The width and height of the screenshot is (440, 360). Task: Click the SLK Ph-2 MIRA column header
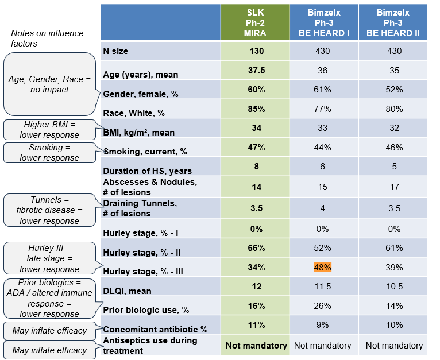pos(255,23)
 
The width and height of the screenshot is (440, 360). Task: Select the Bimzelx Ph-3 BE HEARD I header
pos(323,23)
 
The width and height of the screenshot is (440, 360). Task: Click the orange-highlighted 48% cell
pos(322,267)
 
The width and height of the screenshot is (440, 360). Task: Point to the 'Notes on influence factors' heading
pos(47,38)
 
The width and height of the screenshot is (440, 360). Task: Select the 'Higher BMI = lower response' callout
pos(49,130)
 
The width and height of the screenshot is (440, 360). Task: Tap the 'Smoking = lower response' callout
pos(49,153)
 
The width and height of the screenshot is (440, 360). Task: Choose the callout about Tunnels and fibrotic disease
pos(49,209)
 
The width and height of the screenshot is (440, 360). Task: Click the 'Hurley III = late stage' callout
pos(49,258)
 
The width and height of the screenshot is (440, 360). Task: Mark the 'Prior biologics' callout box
pos(49,298)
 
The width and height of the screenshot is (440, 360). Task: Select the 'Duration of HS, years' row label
pos(147,171)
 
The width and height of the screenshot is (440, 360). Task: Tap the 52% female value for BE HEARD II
pos(393,90)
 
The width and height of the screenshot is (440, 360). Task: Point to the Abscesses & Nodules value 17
pos(393,187)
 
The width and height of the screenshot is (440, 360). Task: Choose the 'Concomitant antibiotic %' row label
pos(155,330)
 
